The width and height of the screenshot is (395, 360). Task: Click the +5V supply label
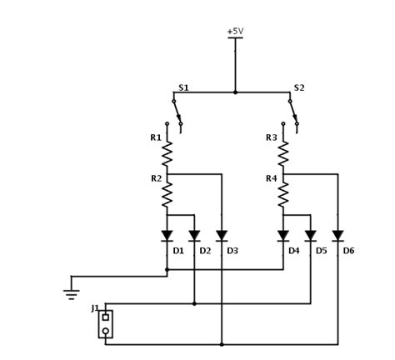click(x=235, y=32)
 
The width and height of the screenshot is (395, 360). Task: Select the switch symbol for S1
click(x=176, y=113)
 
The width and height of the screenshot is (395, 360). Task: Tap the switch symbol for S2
click(x=292, y=113)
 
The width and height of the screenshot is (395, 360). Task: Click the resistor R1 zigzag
click(x=167, y=152)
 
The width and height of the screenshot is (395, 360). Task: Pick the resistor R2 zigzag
click(x=167, y=195)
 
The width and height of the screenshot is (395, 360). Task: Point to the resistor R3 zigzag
click(x=283, y=152)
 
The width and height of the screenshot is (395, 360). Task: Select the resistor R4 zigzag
click(x=283, y=195)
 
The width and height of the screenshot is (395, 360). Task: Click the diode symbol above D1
click(x=167, y=236)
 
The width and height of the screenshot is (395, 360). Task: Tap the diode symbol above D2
click(x=194, y=236)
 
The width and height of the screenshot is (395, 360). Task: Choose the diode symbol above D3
click(x=222, y=236)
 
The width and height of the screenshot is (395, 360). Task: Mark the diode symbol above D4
click(x=283, y=236)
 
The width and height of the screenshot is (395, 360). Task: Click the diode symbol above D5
click(x=310, y=236)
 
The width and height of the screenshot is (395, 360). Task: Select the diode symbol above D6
click(x=337, y=236)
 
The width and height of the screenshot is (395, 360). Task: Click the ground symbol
click(x=72, y=292)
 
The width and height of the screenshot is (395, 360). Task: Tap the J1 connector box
click(x=105, y=324)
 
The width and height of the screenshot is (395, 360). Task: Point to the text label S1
click(x=183, y=87)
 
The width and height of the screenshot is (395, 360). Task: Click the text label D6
click(x=348, y=250)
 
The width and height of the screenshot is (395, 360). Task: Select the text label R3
click(x=271, y=137)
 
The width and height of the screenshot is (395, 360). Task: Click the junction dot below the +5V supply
click(x=235, y=92)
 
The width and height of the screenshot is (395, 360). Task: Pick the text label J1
click(x=95, y=308)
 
